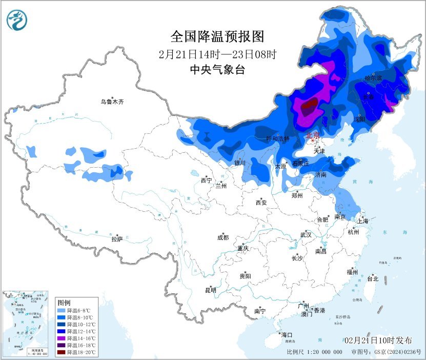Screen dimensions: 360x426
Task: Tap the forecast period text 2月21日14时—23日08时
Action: [x=217, y=54]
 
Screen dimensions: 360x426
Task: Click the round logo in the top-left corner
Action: [x=16, y=20]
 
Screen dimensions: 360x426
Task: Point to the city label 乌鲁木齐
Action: [x=112, y=102]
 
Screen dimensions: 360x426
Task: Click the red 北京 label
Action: [x=312, y=136]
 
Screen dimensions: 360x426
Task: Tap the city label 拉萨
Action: [x=117, y=238]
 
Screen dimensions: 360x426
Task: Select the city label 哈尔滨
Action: [x=373, y=78]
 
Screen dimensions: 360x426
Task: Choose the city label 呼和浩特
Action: [x=277, y=139]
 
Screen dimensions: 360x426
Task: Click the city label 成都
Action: [x=223, y=237]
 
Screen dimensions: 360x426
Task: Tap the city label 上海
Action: [x=363, y=221]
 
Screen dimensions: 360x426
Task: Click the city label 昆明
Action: [x=211, y=290]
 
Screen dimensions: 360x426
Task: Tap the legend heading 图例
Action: [x=64, y=303]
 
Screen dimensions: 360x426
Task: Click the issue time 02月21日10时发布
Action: [x=378, y=341]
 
